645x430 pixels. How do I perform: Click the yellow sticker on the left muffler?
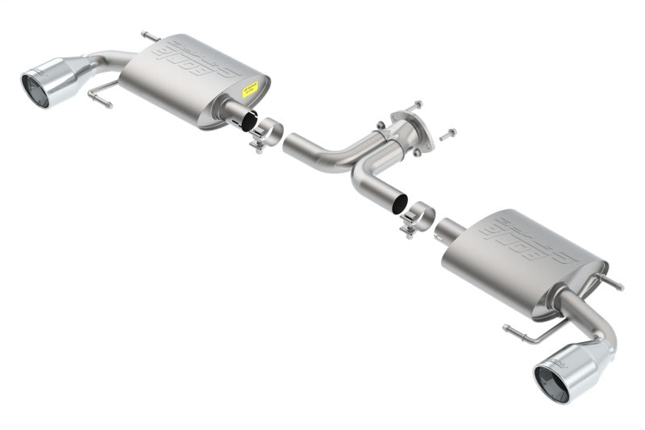tap(251, 89)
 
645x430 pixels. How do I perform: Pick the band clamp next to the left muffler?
tap(266, 133)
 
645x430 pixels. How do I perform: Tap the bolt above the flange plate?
tap(413, 106)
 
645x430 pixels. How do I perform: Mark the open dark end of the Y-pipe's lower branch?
tap(399, 204)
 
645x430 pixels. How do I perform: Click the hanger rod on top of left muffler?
tap(149, 36)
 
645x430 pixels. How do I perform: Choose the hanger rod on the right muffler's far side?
tap(611, 282)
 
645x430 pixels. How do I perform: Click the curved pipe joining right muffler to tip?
tap(582, 319)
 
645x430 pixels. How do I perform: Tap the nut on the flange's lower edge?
tap(416, 152)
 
